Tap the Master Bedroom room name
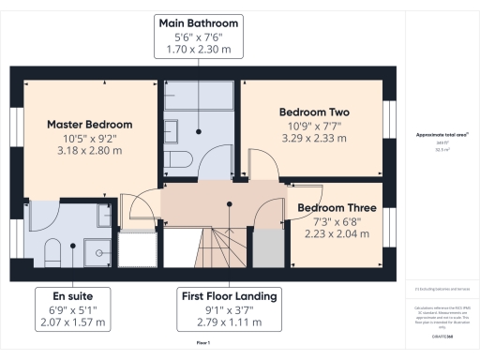(90, 124)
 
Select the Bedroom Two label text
(314, 112)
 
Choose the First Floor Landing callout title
(229, 296)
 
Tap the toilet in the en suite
(53, 249)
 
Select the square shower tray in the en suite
(95, 248)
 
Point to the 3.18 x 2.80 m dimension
(90, 151)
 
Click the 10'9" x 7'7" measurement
(314, 126)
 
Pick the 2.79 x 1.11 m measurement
(229, 323)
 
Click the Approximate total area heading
(442, 135)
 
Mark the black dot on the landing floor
(230, 203)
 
